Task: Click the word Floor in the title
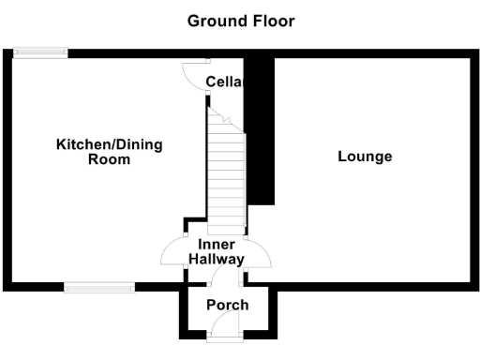coord(271,20)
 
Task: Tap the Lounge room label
coord(365,157)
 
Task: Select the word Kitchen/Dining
coord(110,144)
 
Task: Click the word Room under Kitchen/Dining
coord(109,160)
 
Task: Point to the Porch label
coord(228,305)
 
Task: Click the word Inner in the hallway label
coord(217,245)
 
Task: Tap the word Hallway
coord(217,260)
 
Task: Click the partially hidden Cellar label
coord(225,82)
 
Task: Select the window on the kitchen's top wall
coord(40,53)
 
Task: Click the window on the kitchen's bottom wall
coord(97,285)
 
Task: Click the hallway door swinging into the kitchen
coord(174,251)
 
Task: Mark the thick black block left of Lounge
coord(261,131)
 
